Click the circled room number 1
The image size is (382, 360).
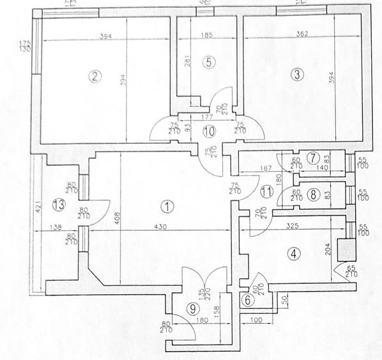[167, 207]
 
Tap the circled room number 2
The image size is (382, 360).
[95, 77]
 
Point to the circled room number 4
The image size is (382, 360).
[293, 254]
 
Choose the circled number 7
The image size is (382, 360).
[312, 158]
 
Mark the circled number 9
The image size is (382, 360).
[192, 307]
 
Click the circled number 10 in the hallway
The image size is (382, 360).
[208, 132]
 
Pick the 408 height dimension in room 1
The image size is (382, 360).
[116, 217]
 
